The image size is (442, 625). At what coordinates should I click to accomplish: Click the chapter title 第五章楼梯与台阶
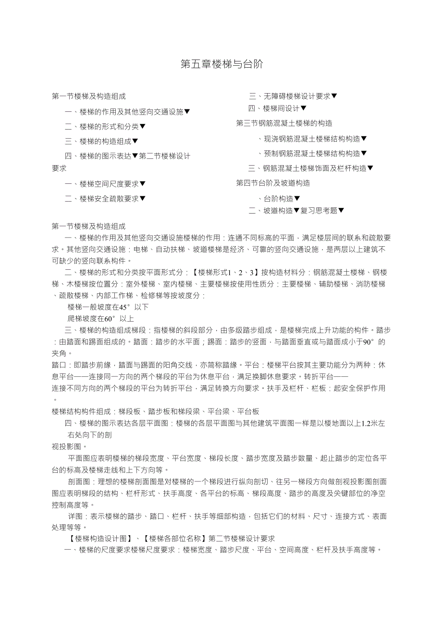221,64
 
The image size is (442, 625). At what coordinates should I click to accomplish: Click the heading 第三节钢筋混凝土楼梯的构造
284,123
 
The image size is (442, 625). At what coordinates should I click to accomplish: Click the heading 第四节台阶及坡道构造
273,183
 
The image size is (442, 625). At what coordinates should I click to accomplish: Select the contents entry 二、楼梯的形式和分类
105,127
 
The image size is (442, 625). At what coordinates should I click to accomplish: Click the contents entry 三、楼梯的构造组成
101,141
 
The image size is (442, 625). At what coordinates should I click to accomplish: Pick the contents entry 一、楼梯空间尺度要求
105,184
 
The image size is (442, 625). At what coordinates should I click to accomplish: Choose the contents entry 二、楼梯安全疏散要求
105,198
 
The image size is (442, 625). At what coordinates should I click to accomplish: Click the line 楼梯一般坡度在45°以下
108,307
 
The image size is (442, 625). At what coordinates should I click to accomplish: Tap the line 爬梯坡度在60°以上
101,318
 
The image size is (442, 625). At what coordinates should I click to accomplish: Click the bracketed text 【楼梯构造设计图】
100,539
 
